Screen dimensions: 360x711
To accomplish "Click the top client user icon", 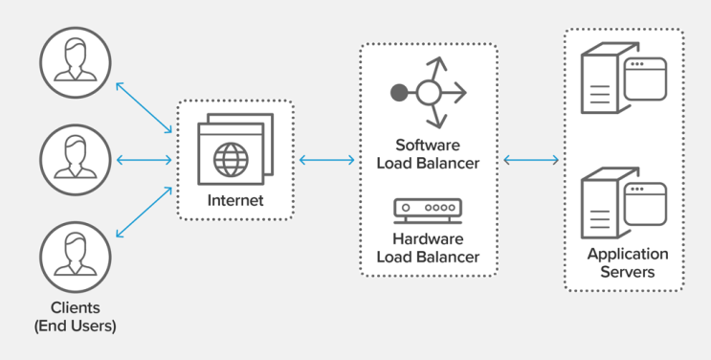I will tap(76, 61).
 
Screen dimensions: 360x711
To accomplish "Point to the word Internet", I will tap(234, 201).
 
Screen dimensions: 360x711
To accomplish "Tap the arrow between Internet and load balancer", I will tap(326, 160).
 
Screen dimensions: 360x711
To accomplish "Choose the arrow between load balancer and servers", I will tap(531, 160).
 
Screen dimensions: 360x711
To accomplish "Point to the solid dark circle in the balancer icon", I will tap(399, 93).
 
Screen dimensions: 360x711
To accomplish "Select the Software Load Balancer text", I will tap(428, 154).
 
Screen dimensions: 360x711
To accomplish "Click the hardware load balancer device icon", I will tap(428, 208).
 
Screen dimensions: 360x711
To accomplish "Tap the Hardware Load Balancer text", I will tap(428, 247).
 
